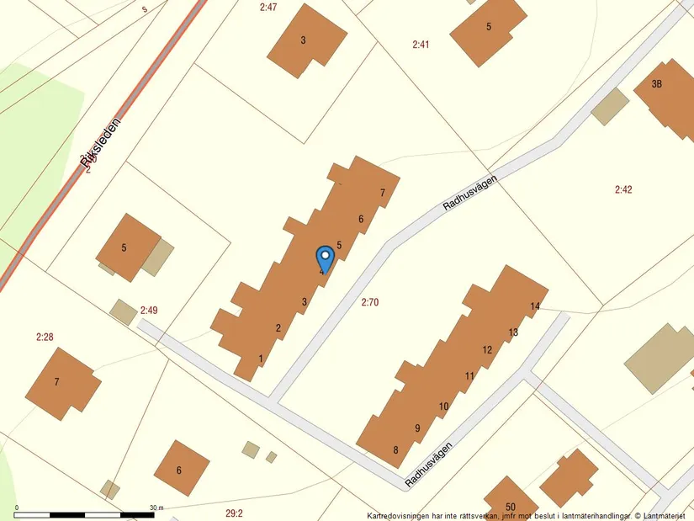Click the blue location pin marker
pyautogui.click(x=324, y=258)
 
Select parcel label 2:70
pyautogui.click(x=369, y=301)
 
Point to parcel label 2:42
pyautogui.click(x=622, y=189)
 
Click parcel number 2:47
pyautogui.click(x=268, y=7)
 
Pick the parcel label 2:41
pyautogui.click(x=421, y=44)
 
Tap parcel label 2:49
pyautogui.click(x=149, y=311)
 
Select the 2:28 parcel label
pyautogui.click(x=45, y=338)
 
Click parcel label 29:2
pyautogui.click(x=234, y=513)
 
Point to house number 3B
pyautogui.click(x=657, y=83)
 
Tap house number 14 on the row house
pyautogui.click(x=535, y=306)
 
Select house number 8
pyautogui.click(x=395, y=449)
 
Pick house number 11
pyautogui.click(x=469, y=375)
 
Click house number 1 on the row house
pyautogui.click(x=262, y=359)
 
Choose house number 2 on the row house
pyautogui.click(x=278, y=327)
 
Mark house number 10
pyautogui.click(x=443, y=407)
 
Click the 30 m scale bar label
pyautogui.click(x=156, y=508)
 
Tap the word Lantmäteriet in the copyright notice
pyautogui.click(x=665, y=515)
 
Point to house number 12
pyautogui.click(x=487, y=349)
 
